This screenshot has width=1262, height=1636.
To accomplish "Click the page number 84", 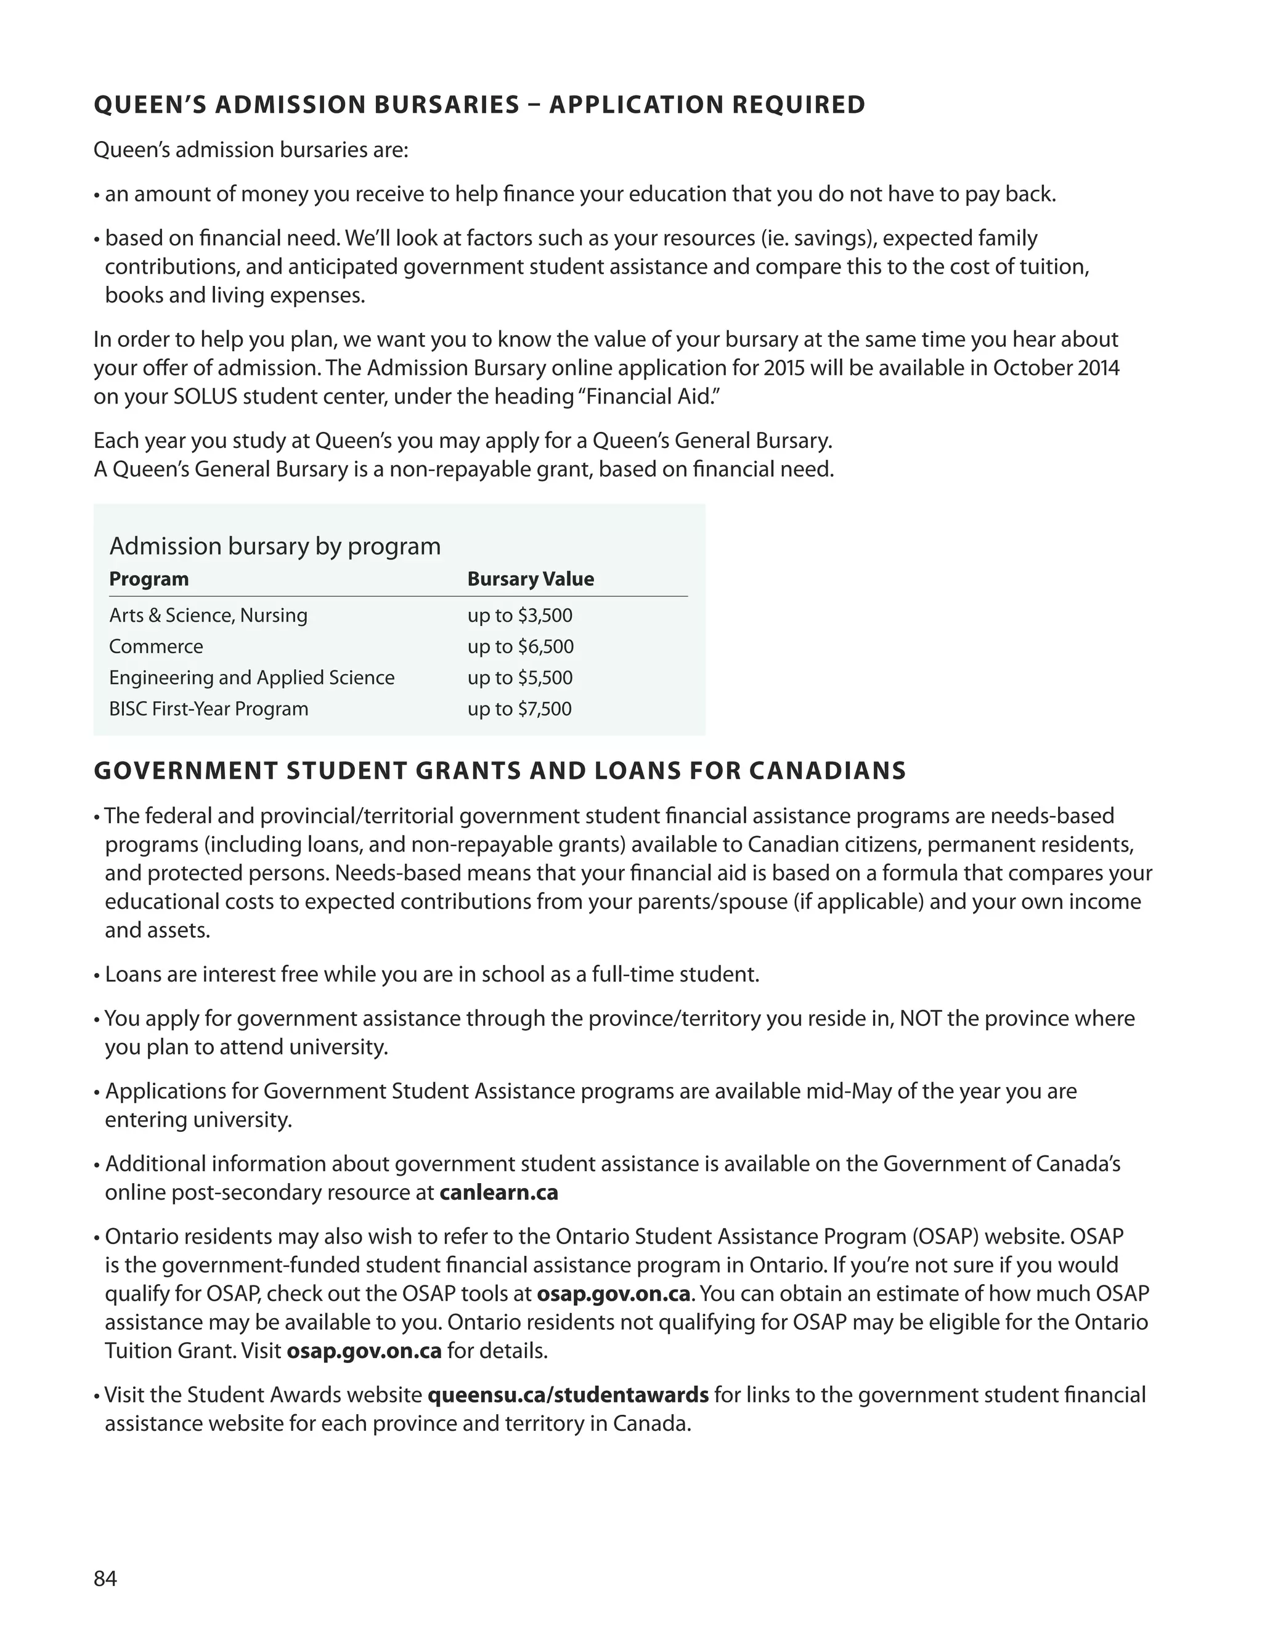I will tap(105, 1578).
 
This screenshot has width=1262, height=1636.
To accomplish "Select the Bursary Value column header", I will tap(531, 579).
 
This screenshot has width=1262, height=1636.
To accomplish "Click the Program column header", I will tap(149, 579).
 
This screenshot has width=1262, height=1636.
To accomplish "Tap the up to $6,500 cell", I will tap(521, 646).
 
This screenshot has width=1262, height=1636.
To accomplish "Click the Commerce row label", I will tap(156, 646).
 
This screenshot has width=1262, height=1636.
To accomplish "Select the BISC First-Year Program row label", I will tap(208, 709).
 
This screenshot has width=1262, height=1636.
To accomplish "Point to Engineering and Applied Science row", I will tap(251, 678).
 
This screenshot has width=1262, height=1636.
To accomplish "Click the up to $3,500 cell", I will tap(520, 616).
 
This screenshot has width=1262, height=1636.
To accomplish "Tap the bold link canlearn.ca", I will tap(499, 1192).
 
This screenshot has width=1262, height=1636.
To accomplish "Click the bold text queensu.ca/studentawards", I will tap(568, 1394).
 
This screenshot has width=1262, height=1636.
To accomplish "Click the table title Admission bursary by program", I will tap(275, 546).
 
